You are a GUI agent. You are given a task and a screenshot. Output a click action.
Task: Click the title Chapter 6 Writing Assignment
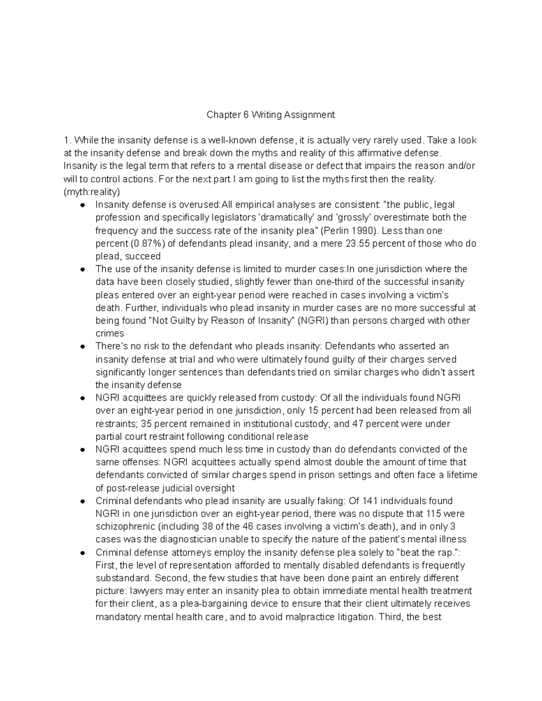click(271, 115)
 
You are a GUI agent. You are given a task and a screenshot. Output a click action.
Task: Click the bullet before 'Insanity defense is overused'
click(83, 205)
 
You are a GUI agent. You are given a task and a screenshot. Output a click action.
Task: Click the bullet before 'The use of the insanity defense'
click(83, 269)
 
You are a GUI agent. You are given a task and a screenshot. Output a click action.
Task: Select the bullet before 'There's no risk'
click(83, 347)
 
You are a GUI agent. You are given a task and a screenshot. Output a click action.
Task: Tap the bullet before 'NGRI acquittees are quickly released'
click(83, 398)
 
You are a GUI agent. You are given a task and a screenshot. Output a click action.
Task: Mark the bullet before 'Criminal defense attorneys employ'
click(83, 553)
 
